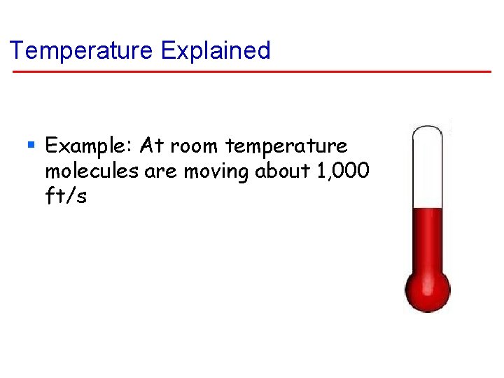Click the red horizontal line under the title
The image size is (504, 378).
[252, 71]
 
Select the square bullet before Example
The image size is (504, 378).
[31, 146]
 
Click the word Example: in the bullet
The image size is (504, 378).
[89, 146]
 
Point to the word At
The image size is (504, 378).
[151, 146]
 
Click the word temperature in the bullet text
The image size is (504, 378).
[286, 146]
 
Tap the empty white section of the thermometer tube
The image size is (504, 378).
[428, 171]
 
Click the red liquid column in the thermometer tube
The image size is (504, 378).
[428, 238]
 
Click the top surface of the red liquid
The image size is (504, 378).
[428, 209]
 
